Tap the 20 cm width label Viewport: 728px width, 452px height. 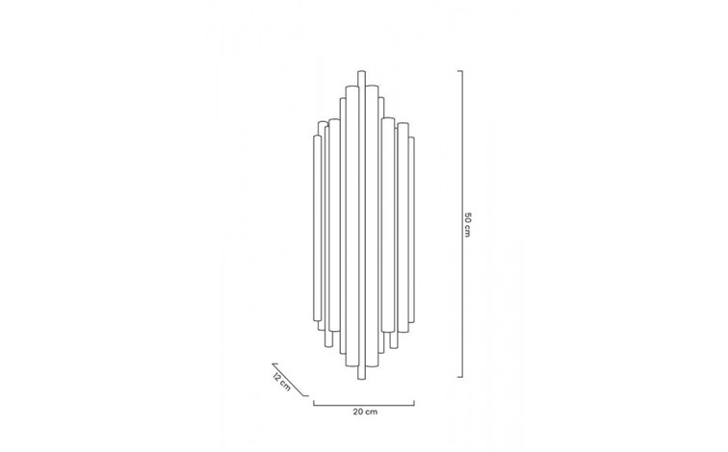(x=363, y=411)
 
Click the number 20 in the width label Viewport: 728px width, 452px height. (x=357, y=411)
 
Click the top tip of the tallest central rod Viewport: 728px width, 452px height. (x=362, y=71)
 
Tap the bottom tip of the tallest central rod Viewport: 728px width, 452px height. (x=362, y=377)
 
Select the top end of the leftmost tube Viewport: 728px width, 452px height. (x=315, y=138)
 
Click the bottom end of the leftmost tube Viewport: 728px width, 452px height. (x=315, y=314)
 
